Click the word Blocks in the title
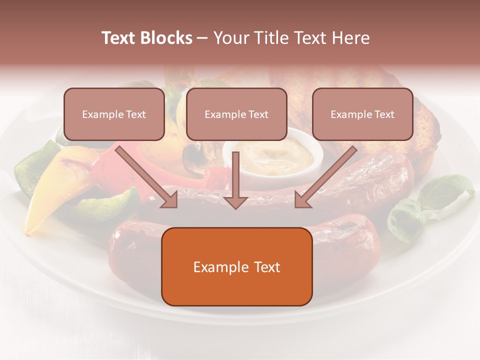pyautogui.click(x=167, y=38)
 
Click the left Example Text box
pyautogui.click(x=114, y=114)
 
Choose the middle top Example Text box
pyautogui.click(x=236, y=114)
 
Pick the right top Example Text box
pyautogui.click(x=362, y=114)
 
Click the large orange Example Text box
pyautogui.click(x=236, y=266)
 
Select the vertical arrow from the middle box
pyautogui.click(x=235, y=180)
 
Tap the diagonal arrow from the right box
pyautogui.click(x=325, y=177)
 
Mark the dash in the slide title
pyautogui.click(x=202, y=38)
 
